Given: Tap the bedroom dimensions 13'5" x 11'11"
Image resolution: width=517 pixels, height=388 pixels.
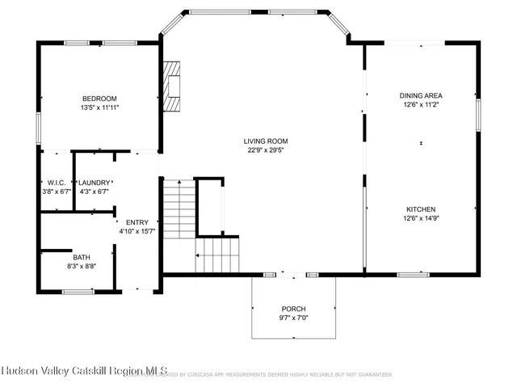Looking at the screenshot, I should [x=99, y=107].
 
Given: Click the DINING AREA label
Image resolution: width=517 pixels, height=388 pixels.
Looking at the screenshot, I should [x=421, y=95].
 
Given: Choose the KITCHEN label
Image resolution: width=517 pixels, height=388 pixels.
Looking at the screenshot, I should [x=421, y=207].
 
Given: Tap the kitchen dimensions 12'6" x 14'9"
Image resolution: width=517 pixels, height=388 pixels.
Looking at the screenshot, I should [x=421, y=217].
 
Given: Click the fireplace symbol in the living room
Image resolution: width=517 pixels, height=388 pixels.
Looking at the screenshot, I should [x=173, y=86].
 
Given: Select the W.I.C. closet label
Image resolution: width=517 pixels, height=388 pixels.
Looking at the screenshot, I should [x=56, y=183].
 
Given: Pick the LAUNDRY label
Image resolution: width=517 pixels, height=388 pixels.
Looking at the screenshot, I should [x=94, y=183].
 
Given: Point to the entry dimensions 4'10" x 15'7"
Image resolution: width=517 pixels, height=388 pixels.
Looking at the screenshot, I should [x=137, y=231].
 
